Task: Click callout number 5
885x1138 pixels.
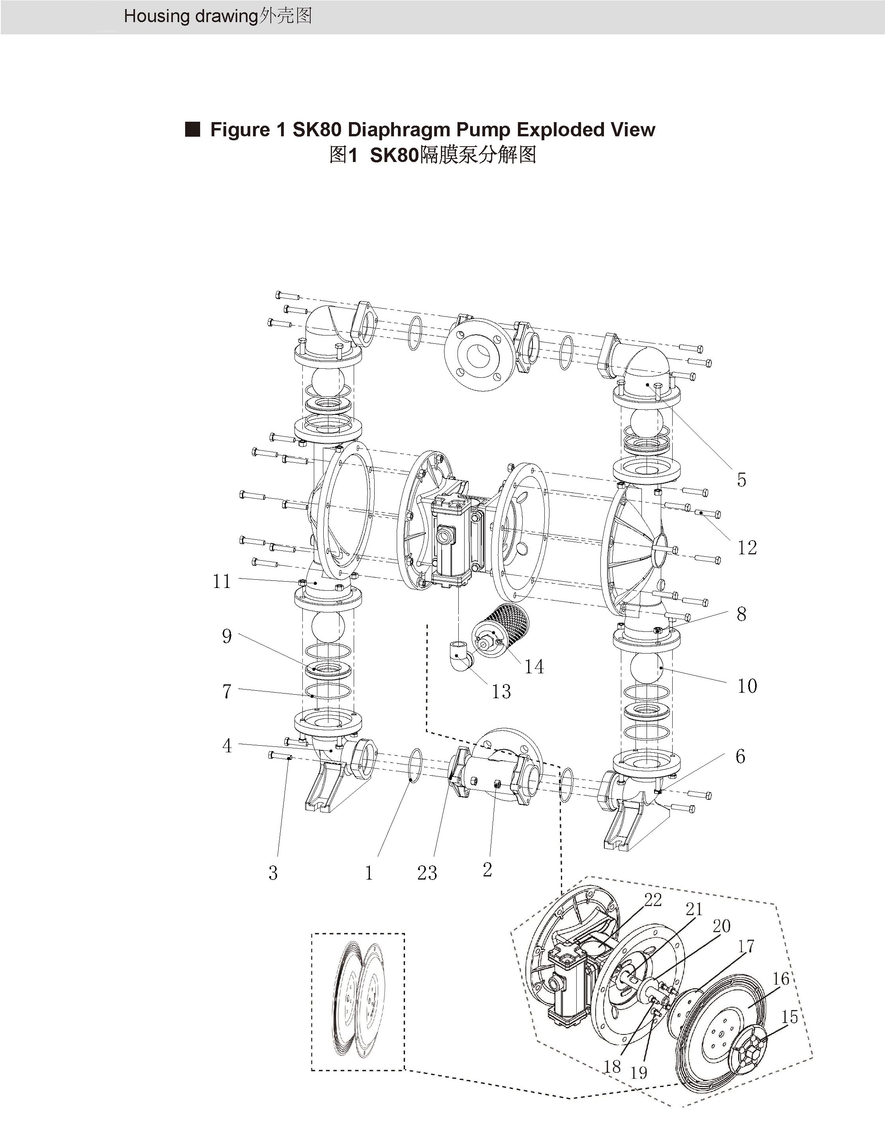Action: pyautogui.click(x=741, y=479)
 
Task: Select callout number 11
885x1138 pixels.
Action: pyautogui.click(x=222, y=581)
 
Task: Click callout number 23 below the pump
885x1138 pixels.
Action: pyautogui.click(x=427, y=873)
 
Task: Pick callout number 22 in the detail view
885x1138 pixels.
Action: pyautogui.click(x=653, y=899)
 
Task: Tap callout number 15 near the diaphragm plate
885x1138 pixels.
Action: pyautogui.click(x=789, y=1017)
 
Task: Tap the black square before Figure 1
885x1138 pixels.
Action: pyautogui.click(x=193, y=129)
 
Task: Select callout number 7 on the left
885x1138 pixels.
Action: pyautogui.click(x=227, y=691)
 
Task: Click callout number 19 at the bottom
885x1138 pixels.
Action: pyautogui.click(x=638, y=1072)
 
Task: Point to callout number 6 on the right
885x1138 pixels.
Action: pyautogui.click(x=740, y=756)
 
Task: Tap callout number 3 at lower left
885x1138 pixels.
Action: pyautogui.click(x=273, y=873)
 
